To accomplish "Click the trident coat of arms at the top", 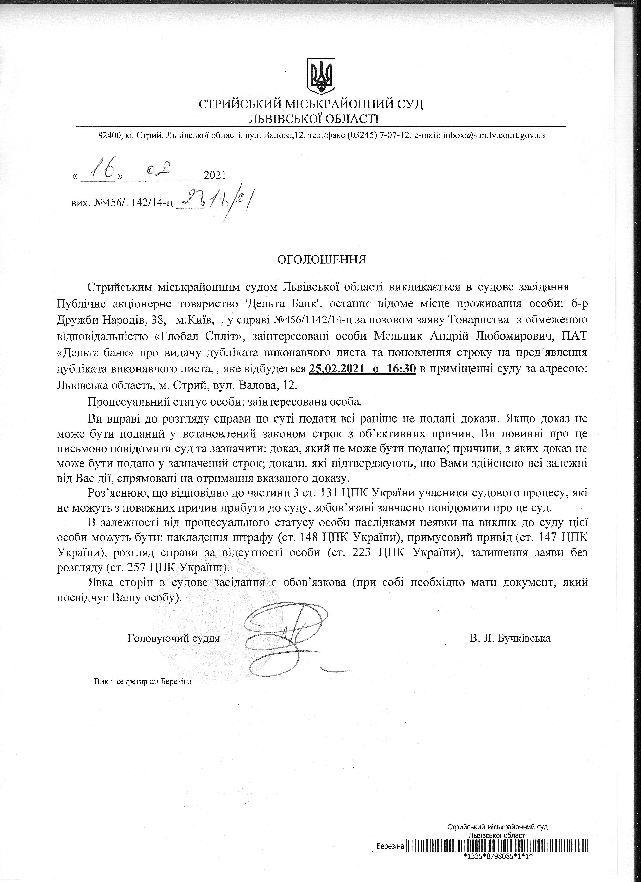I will click(321, 76).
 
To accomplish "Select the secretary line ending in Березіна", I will click(143, 682).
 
